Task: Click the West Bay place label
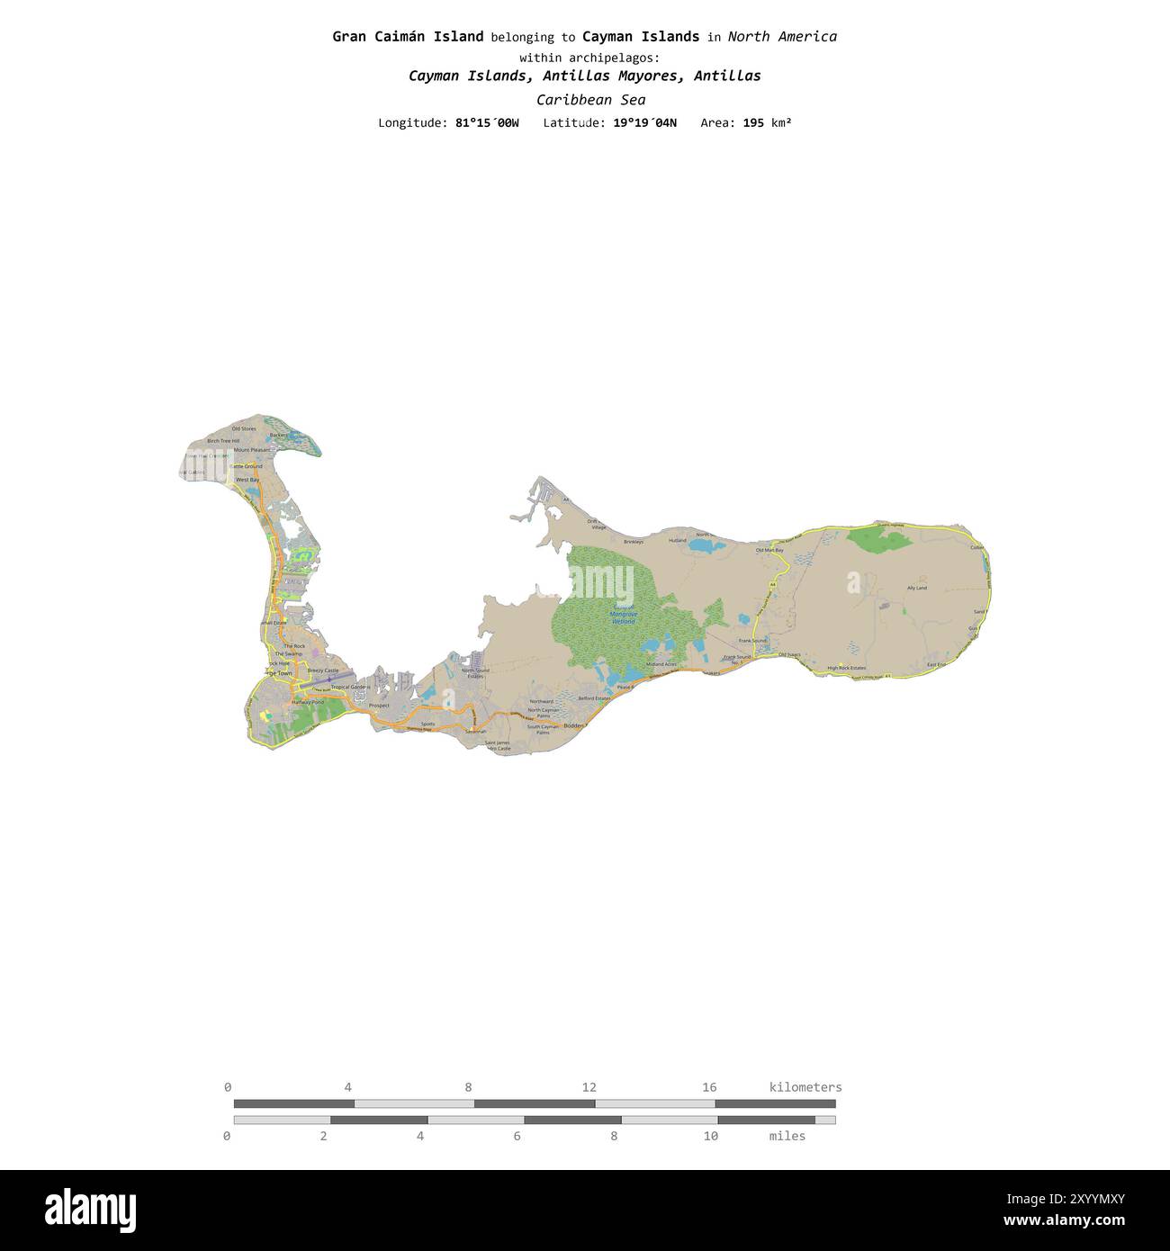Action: tap(247, 480)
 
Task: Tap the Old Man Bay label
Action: tap(769, 550)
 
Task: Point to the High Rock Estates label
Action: tap(846, 668)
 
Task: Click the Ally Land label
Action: tap(916, 588)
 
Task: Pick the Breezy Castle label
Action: tap(323, 670)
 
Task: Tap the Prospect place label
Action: tap(379, 706)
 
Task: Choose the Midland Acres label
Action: tap(661, 664)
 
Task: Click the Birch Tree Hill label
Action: tap(223, 441)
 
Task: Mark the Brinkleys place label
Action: tap(634, 542)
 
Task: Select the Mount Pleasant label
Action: tap(251, 449)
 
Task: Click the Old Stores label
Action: tap(244, 428)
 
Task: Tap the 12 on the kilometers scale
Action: tap(589, 1087)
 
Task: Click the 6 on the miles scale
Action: tap(517, 1136)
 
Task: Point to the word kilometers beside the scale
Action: tap(805, 1087)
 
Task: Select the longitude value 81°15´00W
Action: tap(487, 122)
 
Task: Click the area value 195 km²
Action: tap(767, 122)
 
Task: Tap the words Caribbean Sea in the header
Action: tap(590, 100)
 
